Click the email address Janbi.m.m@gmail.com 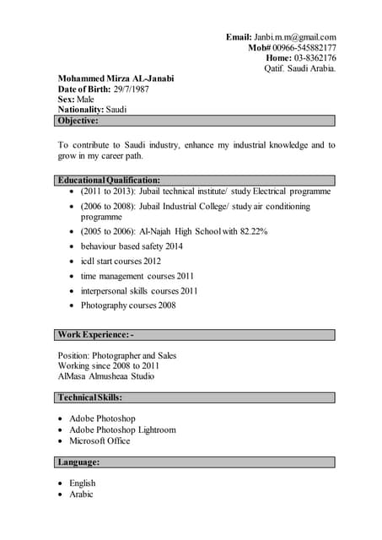[x=294, y=37]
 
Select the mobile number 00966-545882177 [x=304, y=48]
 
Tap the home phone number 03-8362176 [x=315, y=58]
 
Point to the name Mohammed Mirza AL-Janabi [x=116, y=78]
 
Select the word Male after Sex [x=85, y=100]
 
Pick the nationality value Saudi [x=116, y=110]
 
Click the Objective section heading [x=78, y=121]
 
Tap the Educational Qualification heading [x=109, y=181]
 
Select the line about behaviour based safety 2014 [x=132, y=246]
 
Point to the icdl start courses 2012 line [x=121, y=262]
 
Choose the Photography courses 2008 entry [x=128, y=305]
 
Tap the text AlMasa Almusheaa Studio [x=105, y=376]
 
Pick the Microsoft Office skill [x=100, y=440]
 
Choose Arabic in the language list [x=81, y=494]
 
